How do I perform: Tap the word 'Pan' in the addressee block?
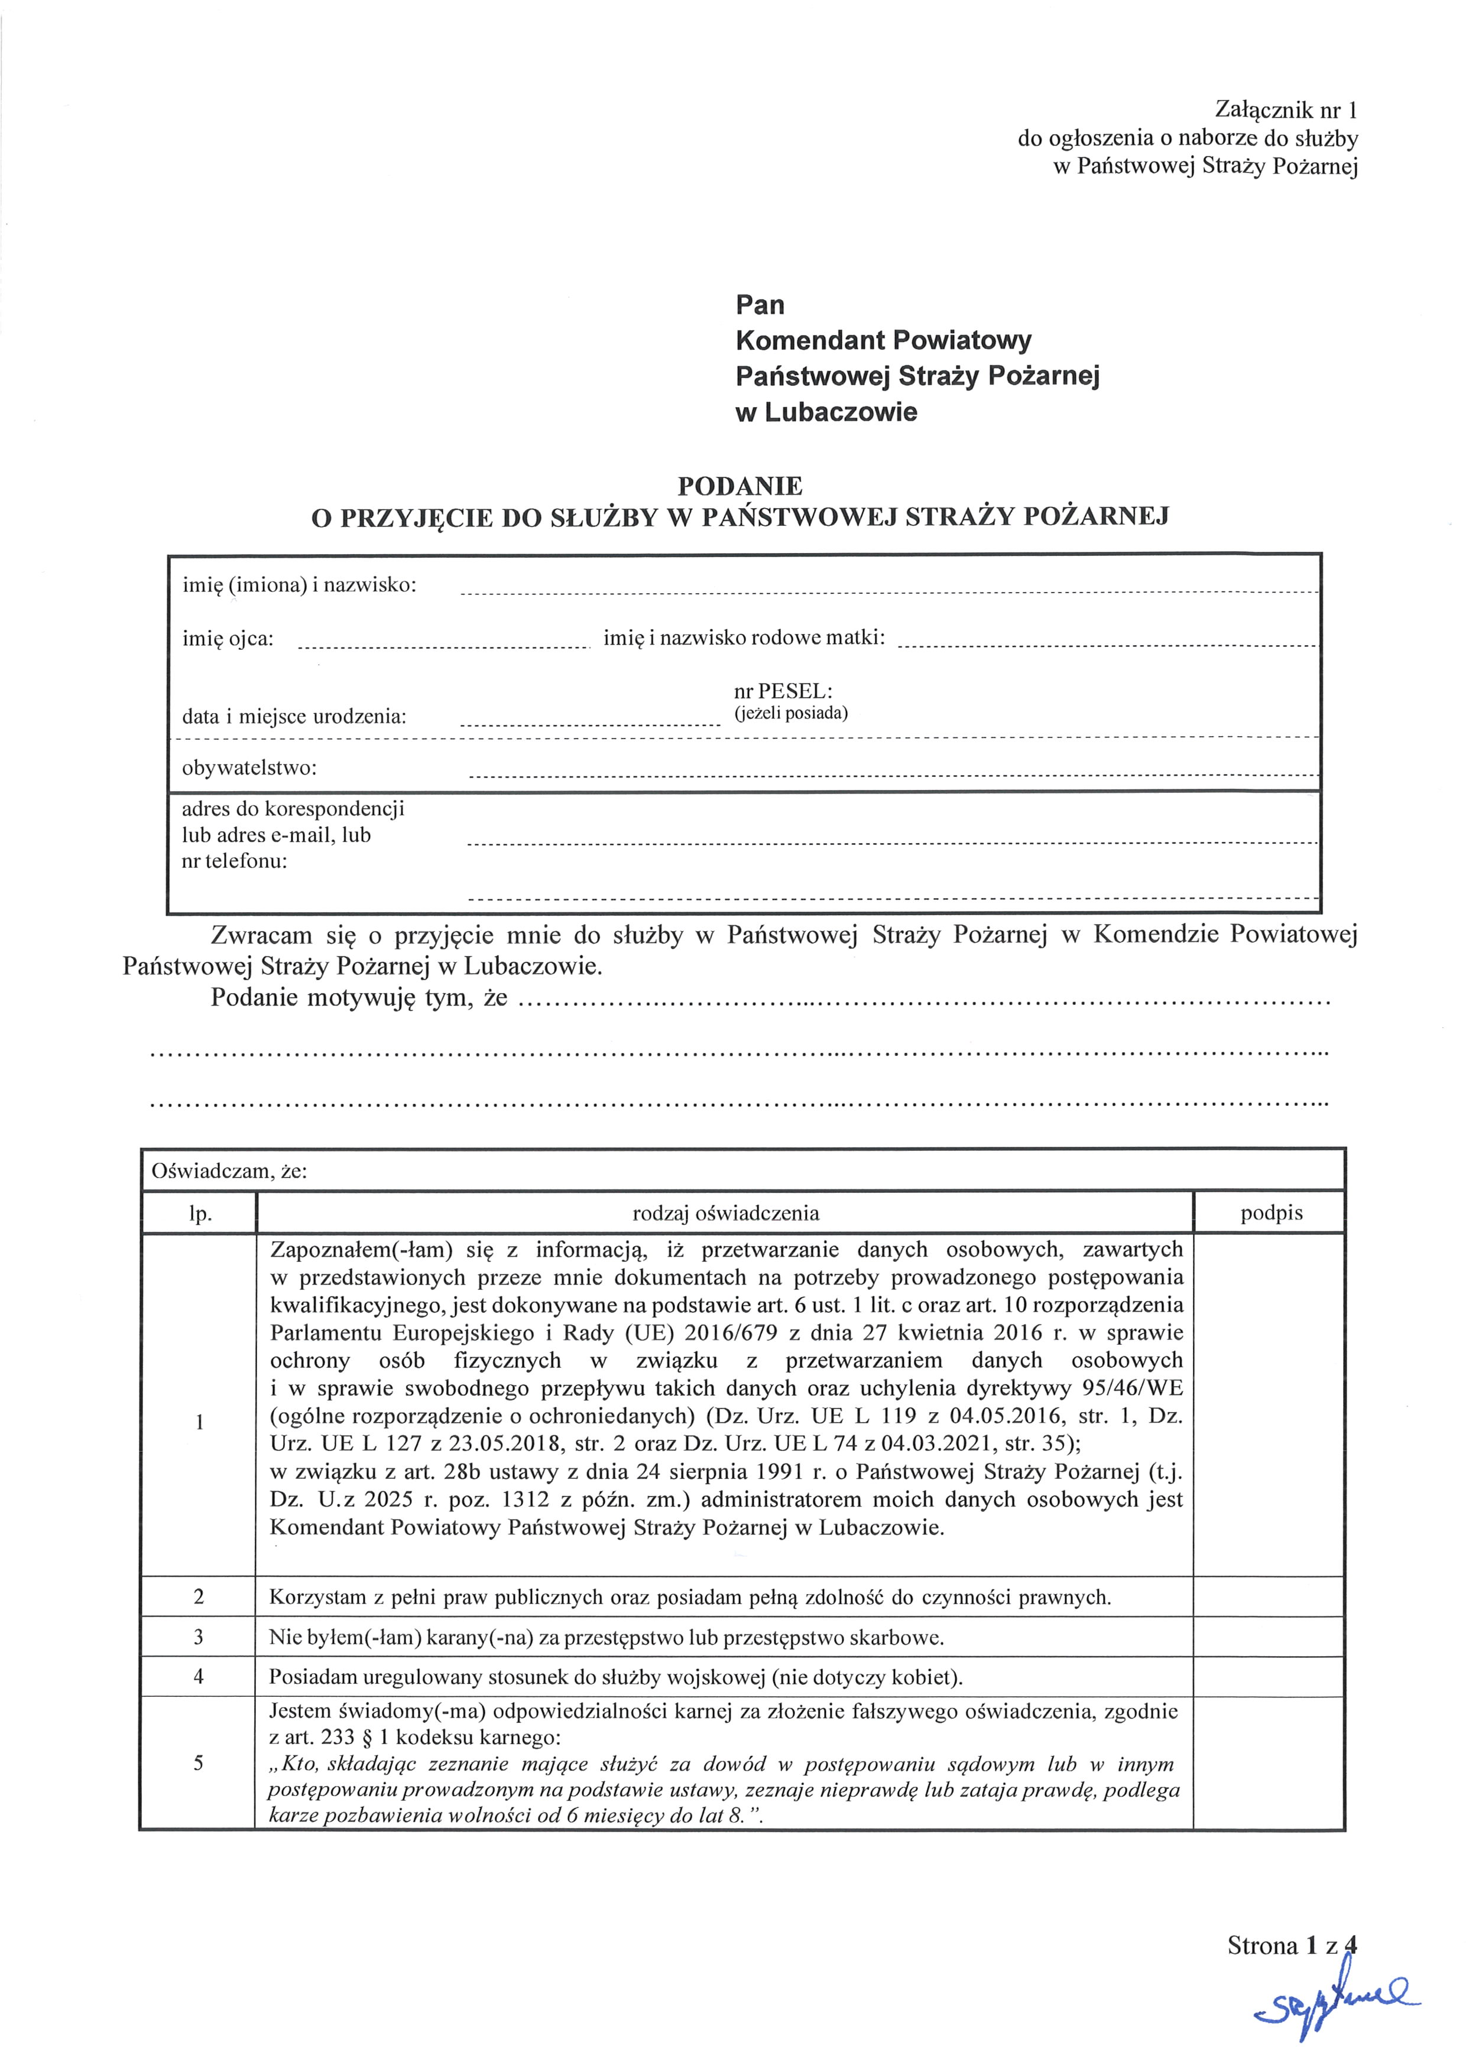tap(760, 304)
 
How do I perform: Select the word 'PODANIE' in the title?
tap(740, 486)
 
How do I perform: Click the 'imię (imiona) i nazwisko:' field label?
tap(300, 585)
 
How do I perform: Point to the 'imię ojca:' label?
tap(228, 639)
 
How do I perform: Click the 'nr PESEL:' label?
tap(783, 691)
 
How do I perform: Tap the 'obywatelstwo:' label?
tap(250, 768)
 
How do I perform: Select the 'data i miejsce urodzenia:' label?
tap(294, 717)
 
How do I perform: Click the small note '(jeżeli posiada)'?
tap(791, 713)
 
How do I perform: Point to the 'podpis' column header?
tap(1271, 1213)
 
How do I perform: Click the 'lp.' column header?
tap(199, 1214)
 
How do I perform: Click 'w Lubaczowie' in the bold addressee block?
tap(826, 412)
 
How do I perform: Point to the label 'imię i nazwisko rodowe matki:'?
tap(744, 639)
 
